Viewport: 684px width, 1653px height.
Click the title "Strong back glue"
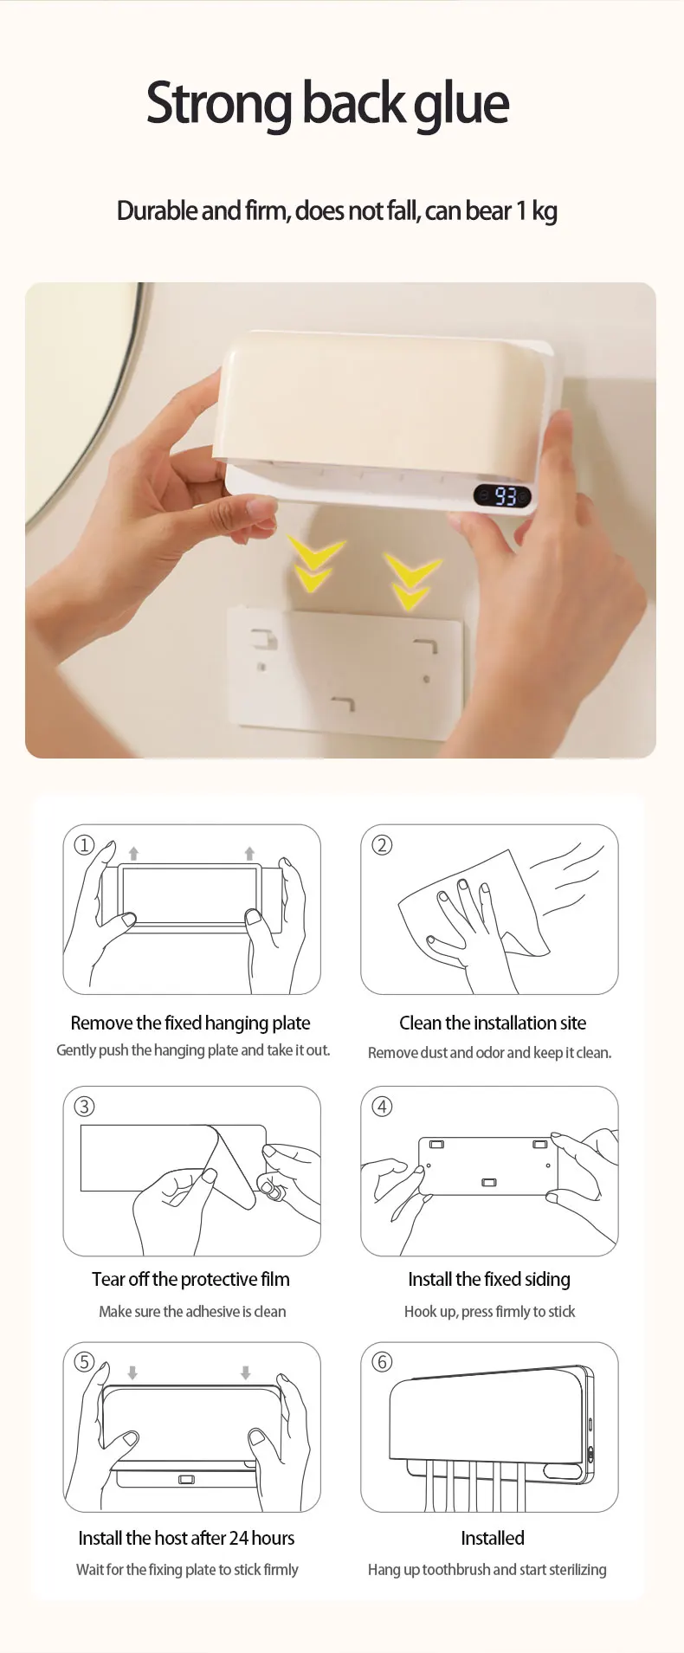(x=327, y=105)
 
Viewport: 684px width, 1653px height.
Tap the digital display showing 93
(x=503, y=496)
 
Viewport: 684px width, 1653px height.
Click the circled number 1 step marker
(x=84, y=844)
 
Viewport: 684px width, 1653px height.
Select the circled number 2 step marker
(x=382, y=844)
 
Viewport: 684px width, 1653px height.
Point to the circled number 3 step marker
(x=84, y=1106)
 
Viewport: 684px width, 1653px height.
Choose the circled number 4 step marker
(x=382, y=1106)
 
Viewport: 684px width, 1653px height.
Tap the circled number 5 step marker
(x=84, y=1361)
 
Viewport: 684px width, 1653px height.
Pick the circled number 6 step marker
(x=382, y=1361)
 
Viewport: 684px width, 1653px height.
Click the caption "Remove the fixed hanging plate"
(x=190, y=1023)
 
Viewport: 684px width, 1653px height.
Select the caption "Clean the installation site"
(x=493, y=1023)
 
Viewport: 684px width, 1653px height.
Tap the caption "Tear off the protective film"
(x=190, y=1279)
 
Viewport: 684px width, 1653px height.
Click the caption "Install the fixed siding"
(x=489, y=1280)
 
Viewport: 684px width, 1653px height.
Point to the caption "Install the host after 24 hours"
(x=186, y=1538)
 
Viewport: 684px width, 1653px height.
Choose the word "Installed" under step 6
(x=493, y=1538)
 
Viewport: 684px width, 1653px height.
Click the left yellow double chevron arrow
(x=314, y=564)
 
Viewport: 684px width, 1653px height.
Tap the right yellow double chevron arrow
(x=411, y=580)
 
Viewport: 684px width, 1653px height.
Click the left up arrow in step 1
(x=133, y=854)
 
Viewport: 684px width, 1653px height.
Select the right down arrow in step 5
(x=246, y=1372)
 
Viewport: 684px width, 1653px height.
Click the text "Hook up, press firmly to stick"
(x=489, y=1312)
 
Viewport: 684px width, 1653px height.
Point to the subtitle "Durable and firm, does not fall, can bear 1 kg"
(x=337, y=211)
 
